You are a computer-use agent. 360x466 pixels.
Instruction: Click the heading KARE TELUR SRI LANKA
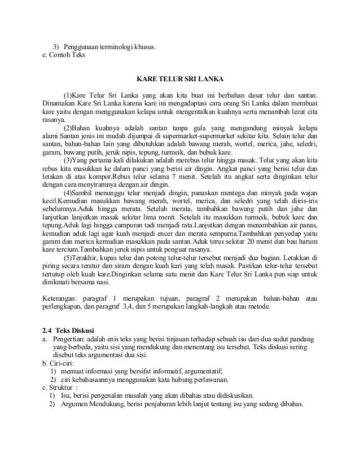click(179, 77)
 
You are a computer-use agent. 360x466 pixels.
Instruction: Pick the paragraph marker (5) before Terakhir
click(67, 258)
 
